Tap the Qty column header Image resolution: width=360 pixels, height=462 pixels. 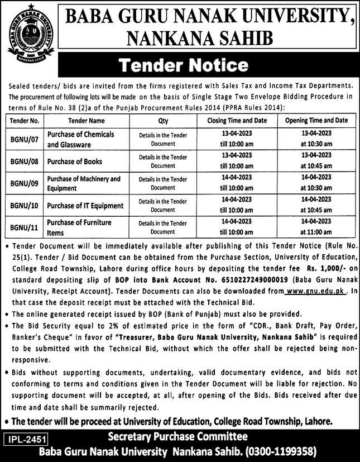tap(163, 120)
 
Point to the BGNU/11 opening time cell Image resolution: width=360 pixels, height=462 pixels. tap(315, 227)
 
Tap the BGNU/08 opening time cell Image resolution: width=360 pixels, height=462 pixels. tap(315, 162)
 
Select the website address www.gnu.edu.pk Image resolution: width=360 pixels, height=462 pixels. tap(316, 292)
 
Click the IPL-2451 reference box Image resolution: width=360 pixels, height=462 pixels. tap(25, 439)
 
